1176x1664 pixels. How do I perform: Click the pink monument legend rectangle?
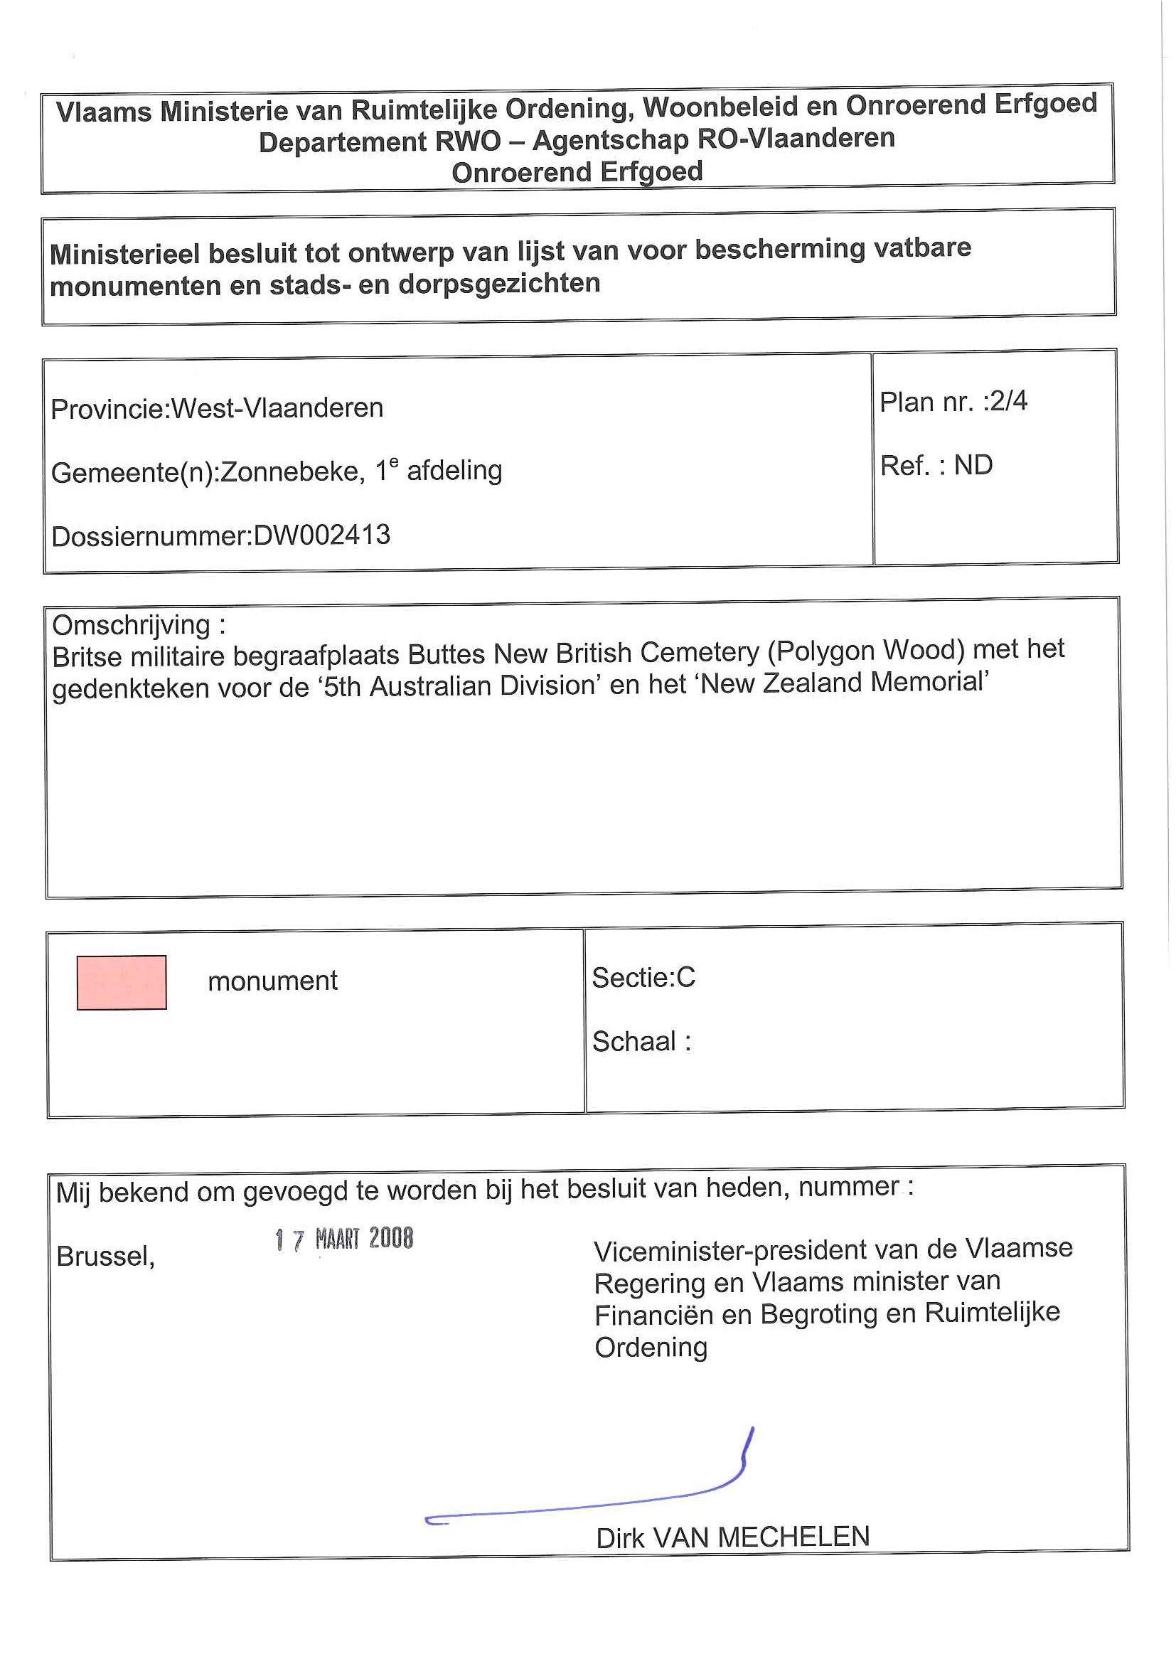[x=122, y=982]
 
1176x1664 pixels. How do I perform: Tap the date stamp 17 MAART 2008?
[x=344, y=1239]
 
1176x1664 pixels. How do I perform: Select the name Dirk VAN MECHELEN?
[x=732, y=1538]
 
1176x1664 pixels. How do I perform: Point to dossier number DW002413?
[x=322, y=535]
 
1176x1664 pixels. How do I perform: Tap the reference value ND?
[x=973, y=465]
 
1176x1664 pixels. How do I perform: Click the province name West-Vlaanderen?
[x=277, y=408]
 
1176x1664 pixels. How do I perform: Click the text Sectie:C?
[x=643, y=978]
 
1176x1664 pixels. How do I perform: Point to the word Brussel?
[x=106, y=1256]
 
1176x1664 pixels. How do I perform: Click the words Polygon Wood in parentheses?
[x=867, y=651]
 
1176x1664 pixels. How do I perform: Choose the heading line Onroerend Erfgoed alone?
[x=577, y=173]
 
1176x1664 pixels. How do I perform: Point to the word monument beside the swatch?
[x=272, y=981]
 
